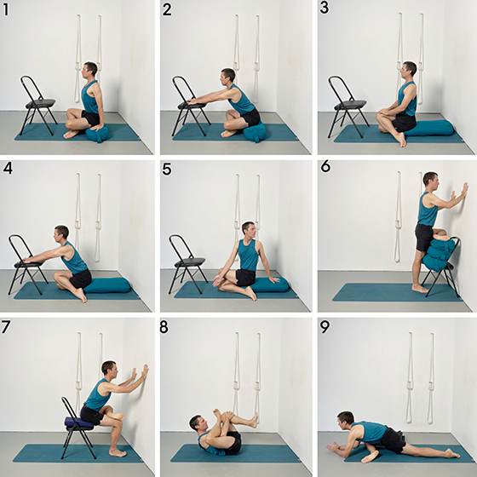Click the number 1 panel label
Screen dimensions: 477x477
coord(5,9)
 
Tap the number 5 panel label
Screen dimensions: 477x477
coord(167,170)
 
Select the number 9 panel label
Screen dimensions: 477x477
coord(325,327)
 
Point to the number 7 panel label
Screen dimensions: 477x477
coord(6,327)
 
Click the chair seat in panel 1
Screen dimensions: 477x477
coord(41,103)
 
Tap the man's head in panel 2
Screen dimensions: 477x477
coord(227,77)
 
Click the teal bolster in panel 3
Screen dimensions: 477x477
coord(429,128)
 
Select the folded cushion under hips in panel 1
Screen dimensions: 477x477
coord(97,134)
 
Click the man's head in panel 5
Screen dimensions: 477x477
coord(249,231)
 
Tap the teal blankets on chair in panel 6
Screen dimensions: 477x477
coord(438,254)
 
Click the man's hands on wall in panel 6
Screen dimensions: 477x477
coord(460,191)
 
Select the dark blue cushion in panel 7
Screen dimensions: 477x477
coord(78,422)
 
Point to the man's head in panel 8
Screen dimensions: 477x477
coord(198,423)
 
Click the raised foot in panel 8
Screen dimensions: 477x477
coord(253,420)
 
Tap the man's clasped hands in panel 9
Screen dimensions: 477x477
coord(334,447)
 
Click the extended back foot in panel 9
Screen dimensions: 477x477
coord(452,453)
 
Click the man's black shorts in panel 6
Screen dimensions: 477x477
coord(424,238)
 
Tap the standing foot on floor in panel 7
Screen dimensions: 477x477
coord(118,452)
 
